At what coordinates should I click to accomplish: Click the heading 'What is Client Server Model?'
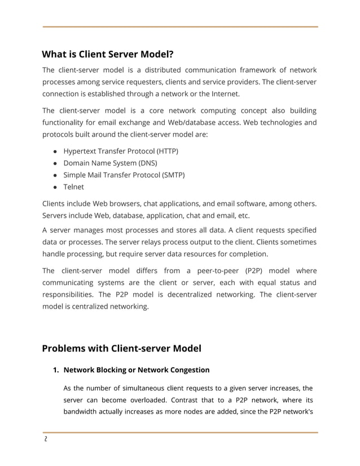click(x=107, y=55)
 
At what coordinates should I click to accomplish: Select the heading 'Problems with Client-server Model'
click(x=121, y=348)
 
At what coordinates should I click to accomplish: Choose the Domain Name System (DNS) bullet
click(x=110, y=163)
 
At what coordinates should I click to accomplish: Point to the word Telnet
click(x=73, y=187)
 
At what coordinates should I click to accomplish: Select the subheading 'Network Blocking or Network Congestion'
click(x=136, y=370)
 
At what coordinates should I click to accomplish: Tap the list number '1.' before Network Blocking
click(x=56, y=370)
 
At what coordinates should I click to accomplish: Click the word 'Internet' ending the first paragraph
click(x=224, y=94)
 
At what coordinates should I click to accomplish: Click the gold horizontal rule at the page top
click(x=180, y=27)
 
